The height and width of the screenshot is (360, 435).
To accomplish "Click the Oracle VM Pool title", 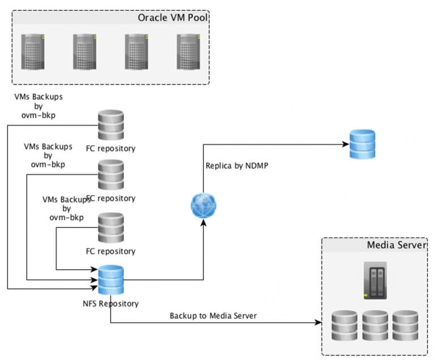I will pos(172,18).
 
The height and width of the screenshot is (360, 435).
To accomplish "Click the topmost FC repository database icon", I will pos(111,125).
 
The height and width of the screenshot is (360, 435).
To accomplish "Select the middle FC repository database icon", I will pos(111,175).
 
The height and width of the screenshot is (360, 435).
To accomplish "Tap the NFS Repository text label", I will pos(110,303).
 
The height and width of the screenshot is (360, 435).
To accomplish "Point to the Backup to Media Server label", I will pos(214,315).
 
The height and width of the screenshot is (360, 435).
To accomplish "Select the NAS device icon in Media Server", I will pos(374,280).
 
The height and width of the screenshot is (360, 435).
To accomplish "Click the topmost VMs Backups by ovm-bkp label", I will pos(39,105).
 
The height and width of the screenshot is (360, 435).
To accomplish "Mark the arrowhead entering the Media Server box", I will pos(318,323).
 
